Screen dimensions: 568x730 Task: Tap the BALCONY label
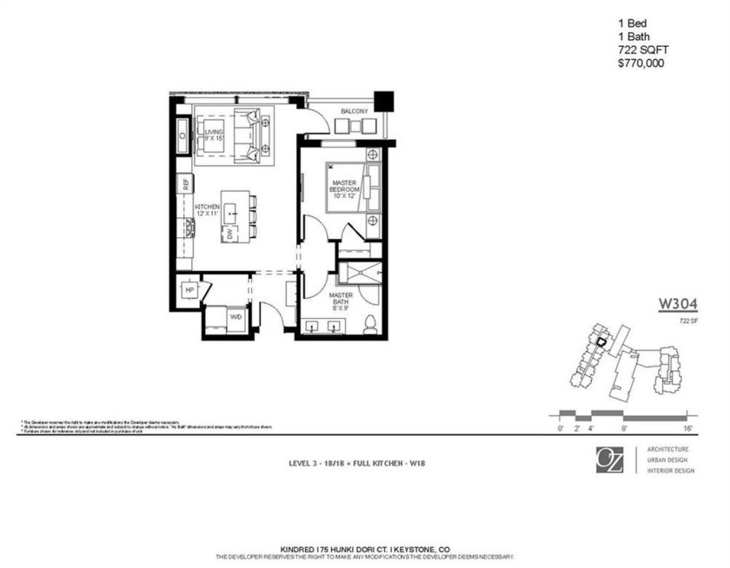(354, 112)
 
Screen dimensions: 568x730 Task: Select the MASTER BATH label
(340, 300)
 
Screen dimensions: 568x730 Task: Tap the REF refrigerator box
(185, 183)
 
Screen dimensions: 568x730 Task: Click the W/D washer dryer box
(236, 318)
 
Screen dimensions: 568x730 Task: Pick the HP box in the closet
(189, 290)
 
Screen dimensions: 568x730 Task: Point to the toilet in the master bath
(369, 324)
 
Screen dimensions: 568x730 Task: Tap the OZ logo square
(609, 459)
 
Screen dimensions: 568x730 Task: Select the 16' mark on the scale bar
(687, 427)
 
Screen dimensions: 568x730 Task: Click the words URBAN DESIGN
(670, 459)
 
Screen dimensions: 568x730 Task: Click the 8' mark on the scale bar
(624, 427)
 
